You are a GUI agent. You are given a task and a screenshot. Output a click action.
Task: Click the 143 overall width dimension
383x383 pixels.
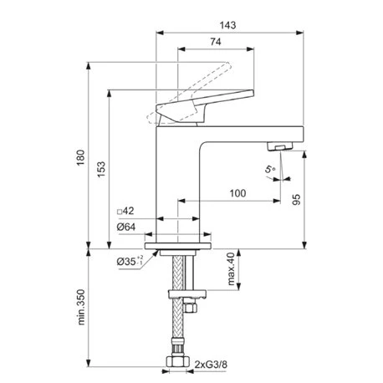coord(227,25)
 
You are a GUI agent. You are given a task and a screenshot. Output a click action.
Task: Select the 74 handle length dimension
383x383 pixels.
coord(216,42)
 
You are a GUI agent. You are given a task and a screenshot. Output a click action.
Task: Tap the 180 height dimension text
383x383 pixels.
coord(80,157)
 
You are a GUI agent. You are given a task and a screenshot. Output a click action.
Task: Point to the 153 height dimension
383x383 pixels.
coord(101,169)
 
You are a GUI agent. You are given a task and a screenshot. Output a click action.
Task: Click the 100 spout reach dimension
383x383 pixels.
coord(237,193)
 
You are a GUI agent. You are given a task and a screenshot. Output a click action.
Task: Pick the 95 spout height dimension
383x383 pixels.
coord(297,200)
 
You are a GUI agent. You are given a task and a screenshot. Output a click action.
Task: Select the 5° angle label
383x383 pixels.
coord(269,169)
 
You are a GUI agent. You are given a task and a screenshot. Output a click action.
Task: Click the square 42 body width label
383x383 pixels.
coord(125,211)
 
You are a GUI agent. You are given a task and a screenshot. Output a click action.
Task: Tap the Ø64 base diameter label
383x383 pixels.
coord(126,227)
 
